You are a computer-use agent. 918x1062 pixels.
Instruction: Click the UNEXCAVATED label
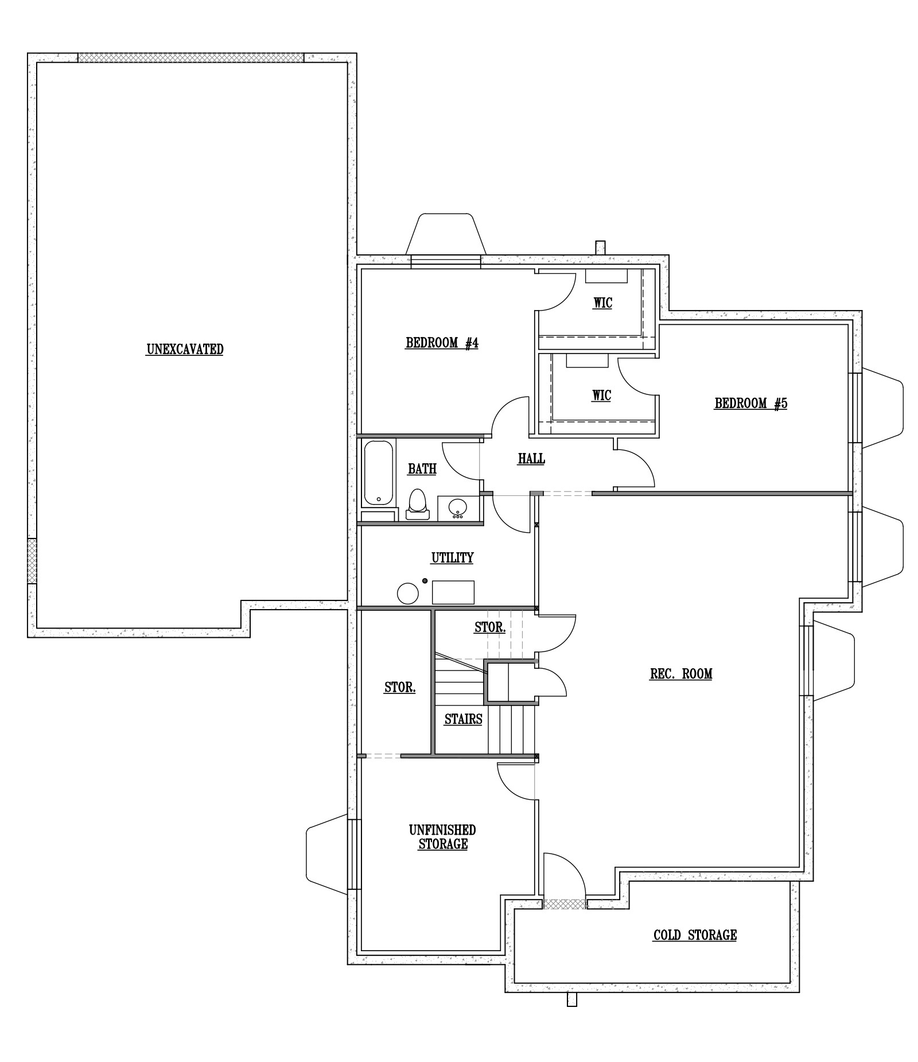pyautogui.click(x=185, y=349)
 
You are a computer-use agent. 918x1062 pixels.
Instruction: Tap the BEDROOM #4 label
pyautogui.click(x=442, y=343)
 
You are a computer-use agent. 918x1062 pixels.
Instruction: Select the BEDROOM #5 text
pyautogui.click(x=750, y=404)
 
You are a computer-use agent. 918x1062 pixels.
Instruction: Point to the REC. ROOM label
pyautogui.click(x=681, y=673)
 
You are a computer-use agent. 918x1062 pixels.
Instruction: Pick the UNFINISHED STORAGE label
pyautogui.click(x=442, y=837)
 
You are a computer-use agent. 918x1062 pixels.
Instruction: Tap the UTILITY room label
pyautogui.click(x=452, y=557)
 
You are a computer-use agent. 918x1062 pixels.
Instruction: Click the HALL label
pyautogui.click(x=531, y=459)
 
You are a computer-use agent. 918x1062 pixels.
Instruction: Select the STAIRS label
pyautogui.click(x=463, y=719)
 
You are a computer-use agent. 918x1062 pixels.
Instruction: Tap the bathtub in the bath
pyautogui.click(x=379, y=472)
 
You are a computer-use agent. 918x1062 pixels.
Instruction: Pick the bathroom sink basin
pyautogui.click(x=458, y=507)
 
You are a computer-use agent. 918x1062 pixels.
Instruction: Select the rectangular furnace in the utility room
pyautogui.click(x=453, y=592)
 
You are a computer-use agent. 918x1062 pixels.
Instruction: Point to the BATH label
pyautogui.click(x=422, y=469)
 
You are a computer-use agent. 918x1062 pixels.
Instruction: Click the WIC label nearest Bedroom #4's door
pyautogui.click(x=602, y=303)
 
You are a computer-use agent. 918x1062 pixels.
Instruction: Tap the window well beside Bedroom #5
pyautogui.click(x=882, y=408)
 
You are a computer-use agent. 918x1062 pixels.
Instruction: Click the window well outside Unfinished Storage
pyautogui.click(x=328, y=854)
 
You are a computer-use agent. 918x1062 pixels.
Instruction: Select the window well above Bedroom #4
pyautogui.click(x=446, y=234)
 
